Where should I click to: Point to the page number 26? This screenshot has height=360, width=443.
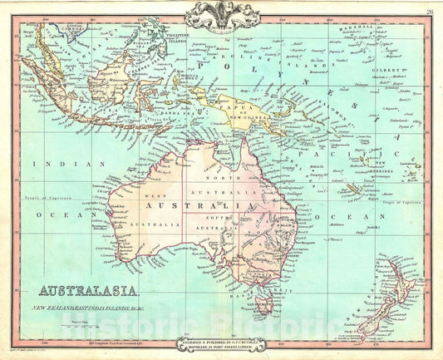tap(429, 11)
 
